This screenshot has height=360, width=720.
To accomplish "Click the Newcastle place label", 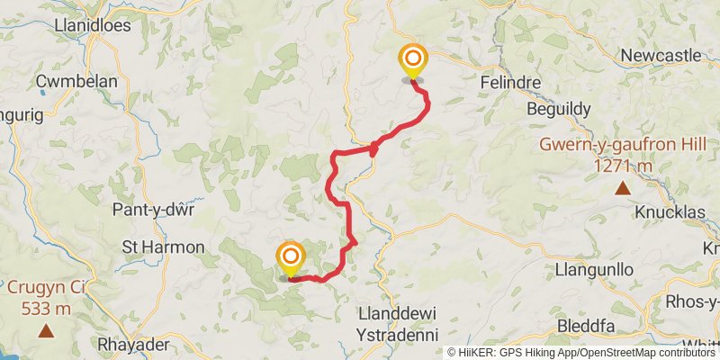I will click(x=661, y=56).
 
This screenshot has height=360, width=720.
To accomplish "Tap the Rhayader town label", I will click(x=133, y=346).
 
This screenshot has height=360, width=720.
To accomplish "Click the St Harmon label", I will click(x=163, y=247).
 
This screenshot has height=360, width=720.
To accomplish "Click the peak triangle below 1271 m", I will click(x=623, y=187).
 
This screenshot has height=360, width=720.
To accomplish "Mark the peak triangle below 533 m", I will click(x=45, y=331).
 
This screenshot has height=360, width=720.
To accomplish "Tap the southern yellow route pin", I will click(x=291, y=258).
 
